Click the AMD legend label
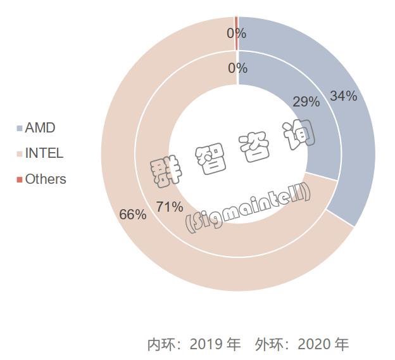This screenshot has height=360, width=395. tap(41, 127)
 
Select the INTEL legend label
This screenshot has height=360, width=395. tap(44, 153)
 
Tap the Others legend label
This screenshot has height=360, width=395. tap(46, 179)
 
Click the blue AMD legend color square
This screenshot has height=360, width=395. tap(20, 128)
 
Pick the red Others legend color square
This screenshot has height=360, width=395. tap(20, 179)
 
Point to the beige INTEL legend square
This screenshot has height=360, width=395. tap(20, 153)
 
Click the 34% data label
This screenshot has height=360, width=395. tap(343, 96)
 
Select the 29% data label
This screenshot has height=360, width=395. tap(306, 101)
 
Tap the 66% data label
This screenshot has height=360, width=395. tap(133, 214)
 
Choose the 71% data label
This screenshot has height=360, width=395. tap(170, 207)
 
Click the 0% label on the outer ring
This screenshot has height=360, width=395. tap(237, 33)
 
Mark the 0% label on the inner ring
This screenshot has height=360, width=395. tap(237, 68)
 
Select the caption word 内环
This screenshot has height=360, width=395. tap(159, 345)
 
